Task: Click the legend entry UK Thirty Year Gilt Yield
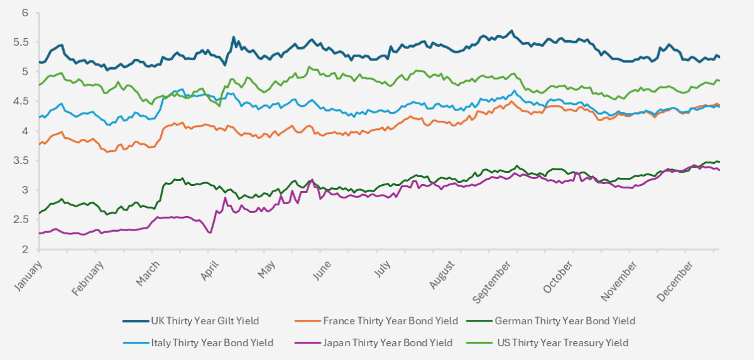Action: point(205,321)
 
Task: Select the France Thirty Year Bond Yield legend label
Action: point(390,321)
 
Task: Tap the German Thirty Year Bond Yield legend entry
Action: point(565,321)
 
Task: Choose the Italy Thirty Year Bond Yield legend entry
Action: point(212,343)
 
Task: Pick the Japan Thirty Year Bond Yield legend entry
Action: point(388,343)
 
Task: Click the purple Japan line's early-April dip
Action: point(210,232)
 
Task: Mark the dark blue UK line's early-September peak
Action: point(512,31)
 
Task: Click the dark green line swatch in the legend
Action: point(479,321)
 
